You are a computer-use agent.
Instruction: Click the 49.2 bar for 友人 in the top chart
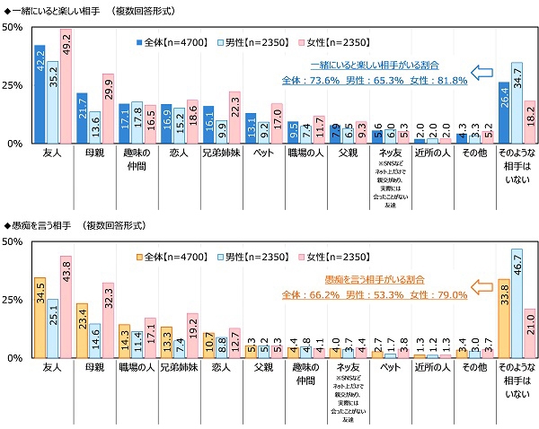pos(66,86)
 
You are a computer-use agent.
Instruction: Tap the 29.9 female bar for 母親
pos(108,109)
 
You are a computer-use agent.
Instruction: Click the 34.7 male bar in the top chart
pos(517,103)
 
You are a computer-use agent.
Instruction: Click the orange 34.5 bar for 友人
pos(40,318)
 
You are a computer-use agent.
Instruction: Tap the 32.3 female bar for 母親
pos(108,320)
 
